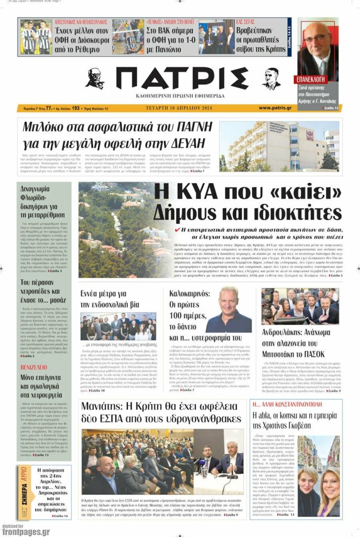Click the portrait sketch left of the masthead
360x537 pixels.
pos(95,79)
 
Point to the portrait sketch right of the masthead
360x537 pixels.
pos(271,79)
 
